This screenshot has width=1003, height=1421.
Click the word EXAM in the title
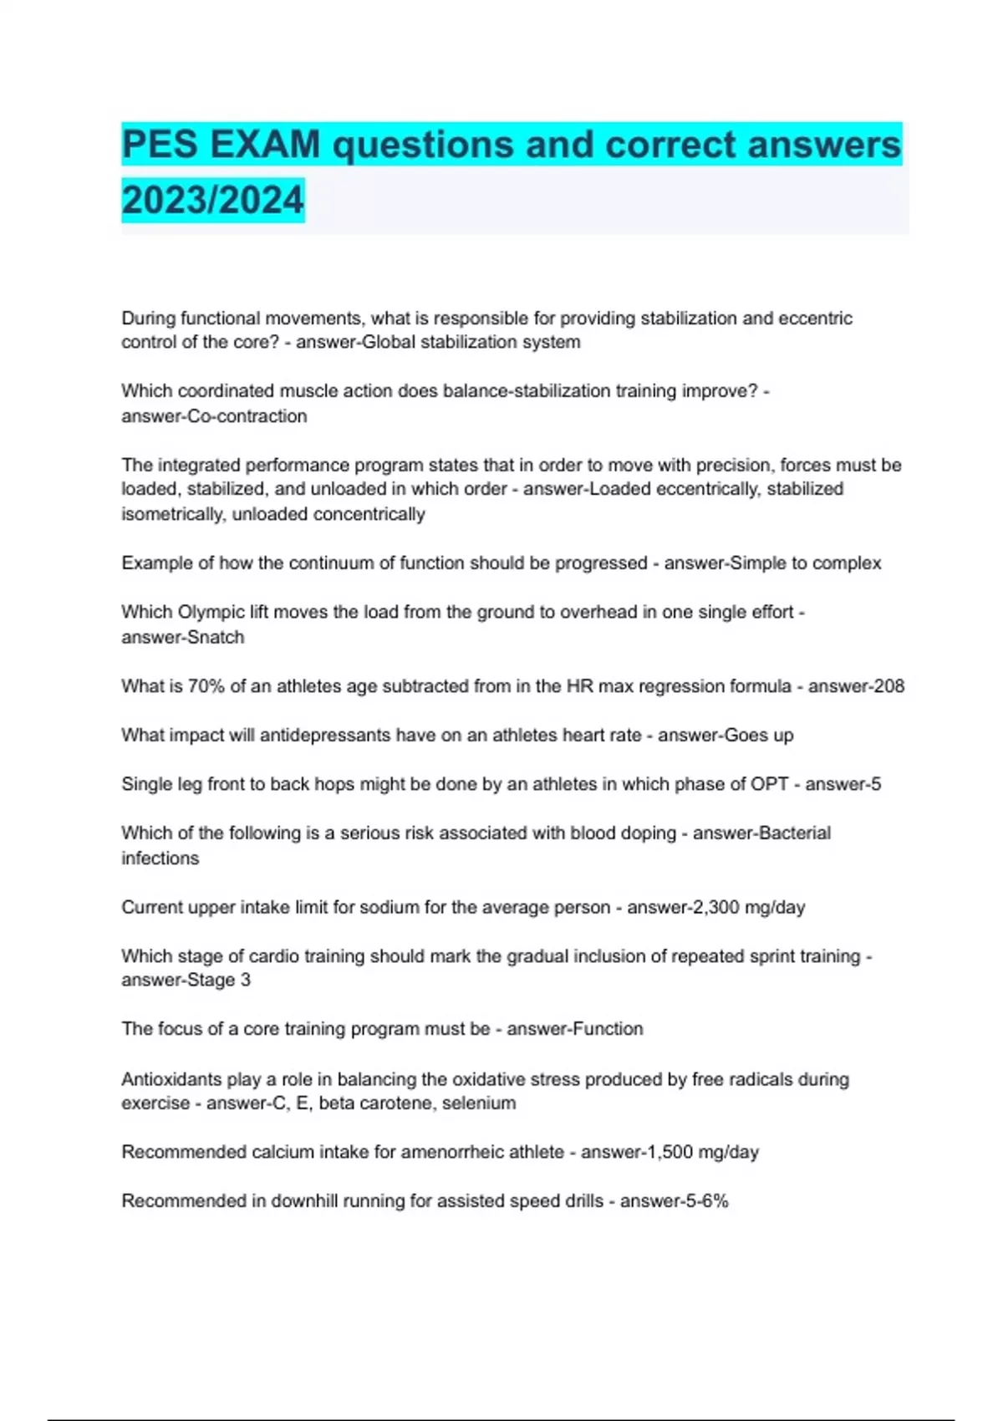[x=265, y=145]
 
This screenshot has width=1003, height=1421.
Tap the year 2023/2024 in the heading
[x=212, y=201]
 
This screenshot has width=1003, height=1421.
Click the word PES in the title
[x=160, y=145]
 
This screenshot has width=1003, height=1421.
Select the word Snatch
[x=215, y=637]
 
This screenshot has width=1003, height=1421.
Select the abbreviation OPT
[x=770, y=784]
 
